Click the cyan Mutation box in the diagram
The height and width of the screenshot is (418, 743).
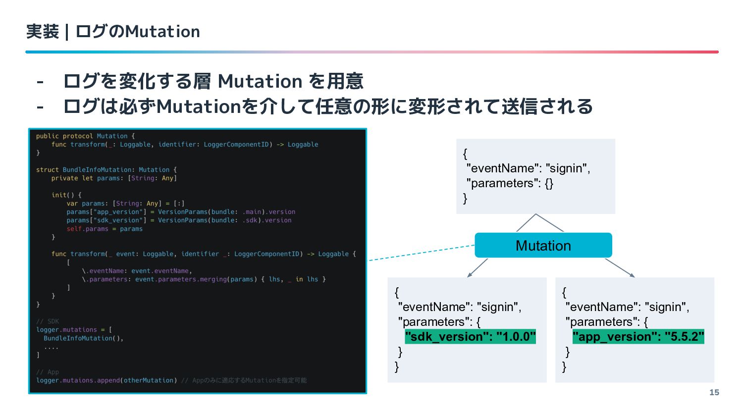click(x=543, y=245)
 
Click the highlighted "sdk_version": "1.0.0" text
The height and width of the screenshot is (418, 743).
click(x=470, y=337)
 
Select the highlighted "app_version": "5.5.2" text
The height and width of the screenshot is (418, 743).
click(x=638, y=337)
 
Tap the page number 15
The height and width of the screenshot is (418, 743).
click(x=714, y=392)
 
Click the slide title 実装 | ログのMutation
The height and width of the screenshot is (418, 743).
click(x=113, y=32)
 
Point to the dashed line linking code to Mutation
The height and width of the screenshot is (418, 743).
click(x=421, y=253)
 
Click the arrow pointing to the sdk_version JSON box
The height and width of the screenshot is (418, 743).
click(x=477, y=268)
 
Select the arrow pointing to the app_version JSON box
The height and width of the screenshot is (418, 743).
click(x=620, y=268)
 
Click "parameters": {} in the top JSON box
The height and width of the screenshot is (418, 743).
click(x=509, y=183)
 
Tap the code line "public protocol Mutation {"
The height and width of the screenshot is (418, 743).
click(x=85, y=136)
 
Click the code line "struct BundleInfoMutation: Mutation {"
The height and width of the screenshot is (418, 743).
click(x=106, y=170)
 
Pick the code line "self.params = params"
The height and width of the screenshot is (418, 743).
click(x=105, y=229)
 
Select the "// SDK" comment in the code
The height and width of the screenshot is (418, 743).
click(x=48, y=321)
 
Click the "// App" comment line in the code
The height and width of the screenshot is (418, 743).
click(x=48, y=372)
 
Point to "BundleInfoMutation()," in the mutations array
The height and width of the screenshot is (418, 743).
click(x=83, y=338)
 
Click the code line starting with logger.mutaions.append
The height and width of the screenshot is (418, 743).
click(x=106, y=380)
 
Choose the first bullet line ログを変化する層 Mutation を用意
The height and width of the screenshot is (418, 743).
click(x=213, y=81)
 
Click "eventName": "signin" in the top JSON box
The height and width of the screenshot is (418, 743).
click(x=528, y=168)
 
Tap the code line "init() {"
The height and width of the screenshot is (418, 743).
click(x=66, y=195)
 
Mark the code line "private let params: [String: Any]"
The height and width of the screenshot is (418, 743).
click(x=114, y=178)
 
